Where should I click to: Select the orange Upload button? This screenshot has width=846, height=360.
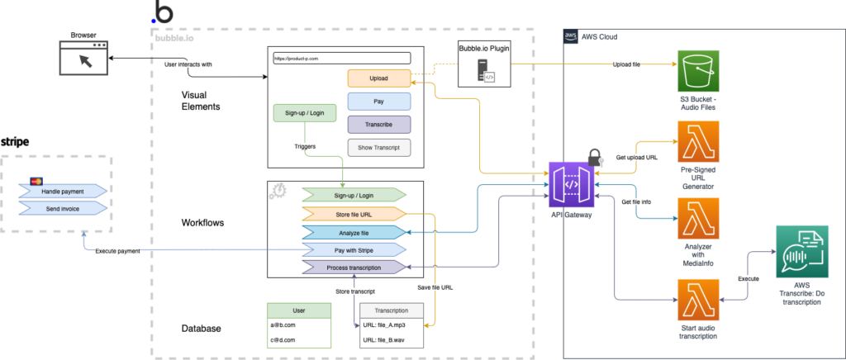[x=379, y=78]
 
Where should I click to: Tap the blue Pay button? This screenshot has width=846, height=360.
[x=379, y=102]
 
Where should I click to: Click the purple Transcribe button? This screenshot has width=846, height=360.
[x=379, y=125]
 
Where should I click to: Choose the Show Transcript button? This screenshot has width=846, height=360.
[x=379, y=148]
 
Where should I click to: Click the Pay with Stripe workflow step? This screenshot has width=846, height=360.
[x=354, y=249]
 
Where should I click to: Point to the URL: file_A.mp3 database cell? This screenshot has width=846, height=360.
[x=391, y=325]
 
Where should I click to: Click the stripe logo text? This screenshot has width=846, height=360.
[x=16, y=142]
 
